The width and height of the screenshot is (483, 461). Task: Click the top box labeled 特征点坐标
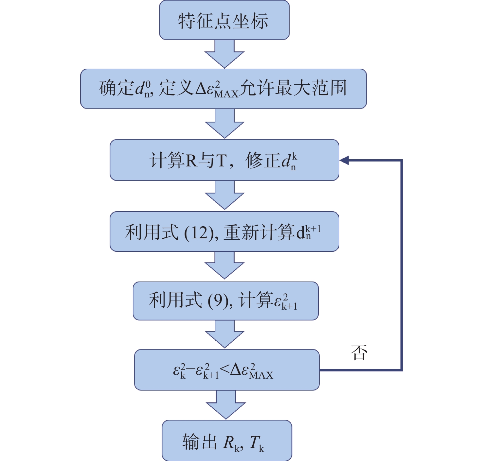224,20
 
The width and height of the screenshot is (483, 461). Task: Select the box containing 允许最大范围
224,89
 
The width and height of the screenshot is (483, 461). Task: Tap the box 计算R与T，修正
224,160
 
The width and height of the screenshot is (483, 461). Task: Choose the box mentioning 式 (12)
224,231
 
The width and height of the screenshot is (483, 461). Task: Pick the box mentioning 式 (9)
225,301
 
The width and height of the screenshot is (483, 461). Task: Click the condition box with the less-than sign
227,370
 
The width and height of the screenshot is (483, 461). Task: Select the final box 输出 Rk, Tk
227,441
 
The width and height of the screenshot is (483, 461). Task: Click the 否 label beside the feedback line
359,352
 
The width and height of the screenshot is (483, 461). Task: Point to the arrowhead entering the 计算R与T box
344,160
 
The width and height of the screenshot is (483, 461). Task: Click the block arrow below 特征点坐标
224,54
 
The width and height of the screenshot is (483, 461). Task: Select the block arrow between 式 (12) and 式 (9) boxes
224,265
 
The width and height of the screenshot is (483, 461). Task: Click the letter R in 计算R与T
191,161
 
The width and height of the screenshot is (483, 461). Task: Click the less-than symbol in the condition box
224,369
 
